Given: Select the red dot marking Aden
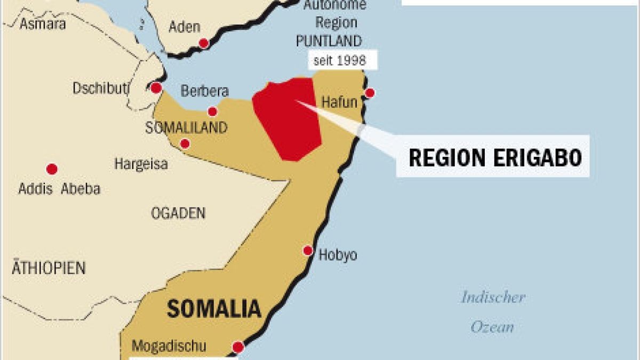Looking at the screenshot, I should [203, 43].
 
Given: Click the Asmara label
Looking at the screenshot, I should [43, 24].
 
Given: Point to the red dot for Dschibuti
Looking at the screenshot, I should [156, 88].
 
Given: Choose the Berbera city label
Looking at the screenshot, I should [204, 91].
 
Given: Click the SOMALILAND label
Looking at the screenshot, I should [186, 128].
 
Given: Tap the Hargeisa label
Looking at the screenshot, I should [141, 164].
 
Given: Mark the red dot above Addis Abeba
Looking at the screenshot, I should [52, 169].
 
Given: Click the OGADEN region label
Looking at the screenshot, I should [178, 214].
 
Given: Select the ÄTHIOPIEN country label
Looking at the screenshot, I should [49, 267].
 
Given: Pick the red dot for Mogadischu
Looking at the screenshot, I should [238, 347].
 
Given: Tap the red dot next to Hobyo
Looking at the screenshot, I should [308, 251].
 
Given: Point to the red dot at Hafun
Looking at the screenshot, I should [370, 93].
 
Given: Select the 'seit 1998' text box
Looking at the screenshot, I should [339, 60].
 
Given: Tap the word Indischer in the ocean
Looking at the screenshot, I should [493, 297].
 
